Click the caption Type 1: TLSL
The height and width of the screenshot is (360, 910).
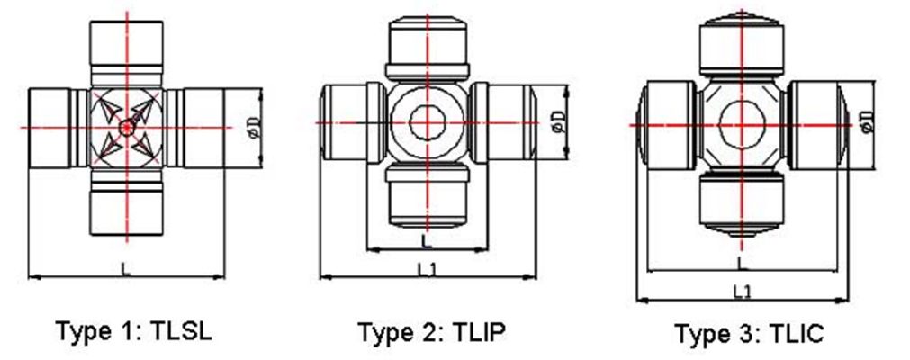tap(134, 331)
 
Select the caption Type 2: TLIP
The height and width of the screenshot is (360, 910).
tap(431, 332)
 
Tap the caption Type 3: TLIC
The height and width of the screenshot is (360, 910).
tap(748, 334)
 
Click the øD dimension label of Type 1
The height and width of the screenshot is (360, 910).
tap(256, 128)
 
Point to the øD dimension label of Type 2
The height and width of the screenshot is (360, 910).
tap(558, 121)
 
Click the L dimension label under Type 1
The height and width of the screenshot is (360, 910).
tap(125, 268)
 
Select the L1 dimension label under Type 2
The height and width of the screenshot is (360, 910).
tap(428, 269)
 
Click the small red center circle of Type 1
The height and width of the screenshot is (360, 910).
tap(126, 128)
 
